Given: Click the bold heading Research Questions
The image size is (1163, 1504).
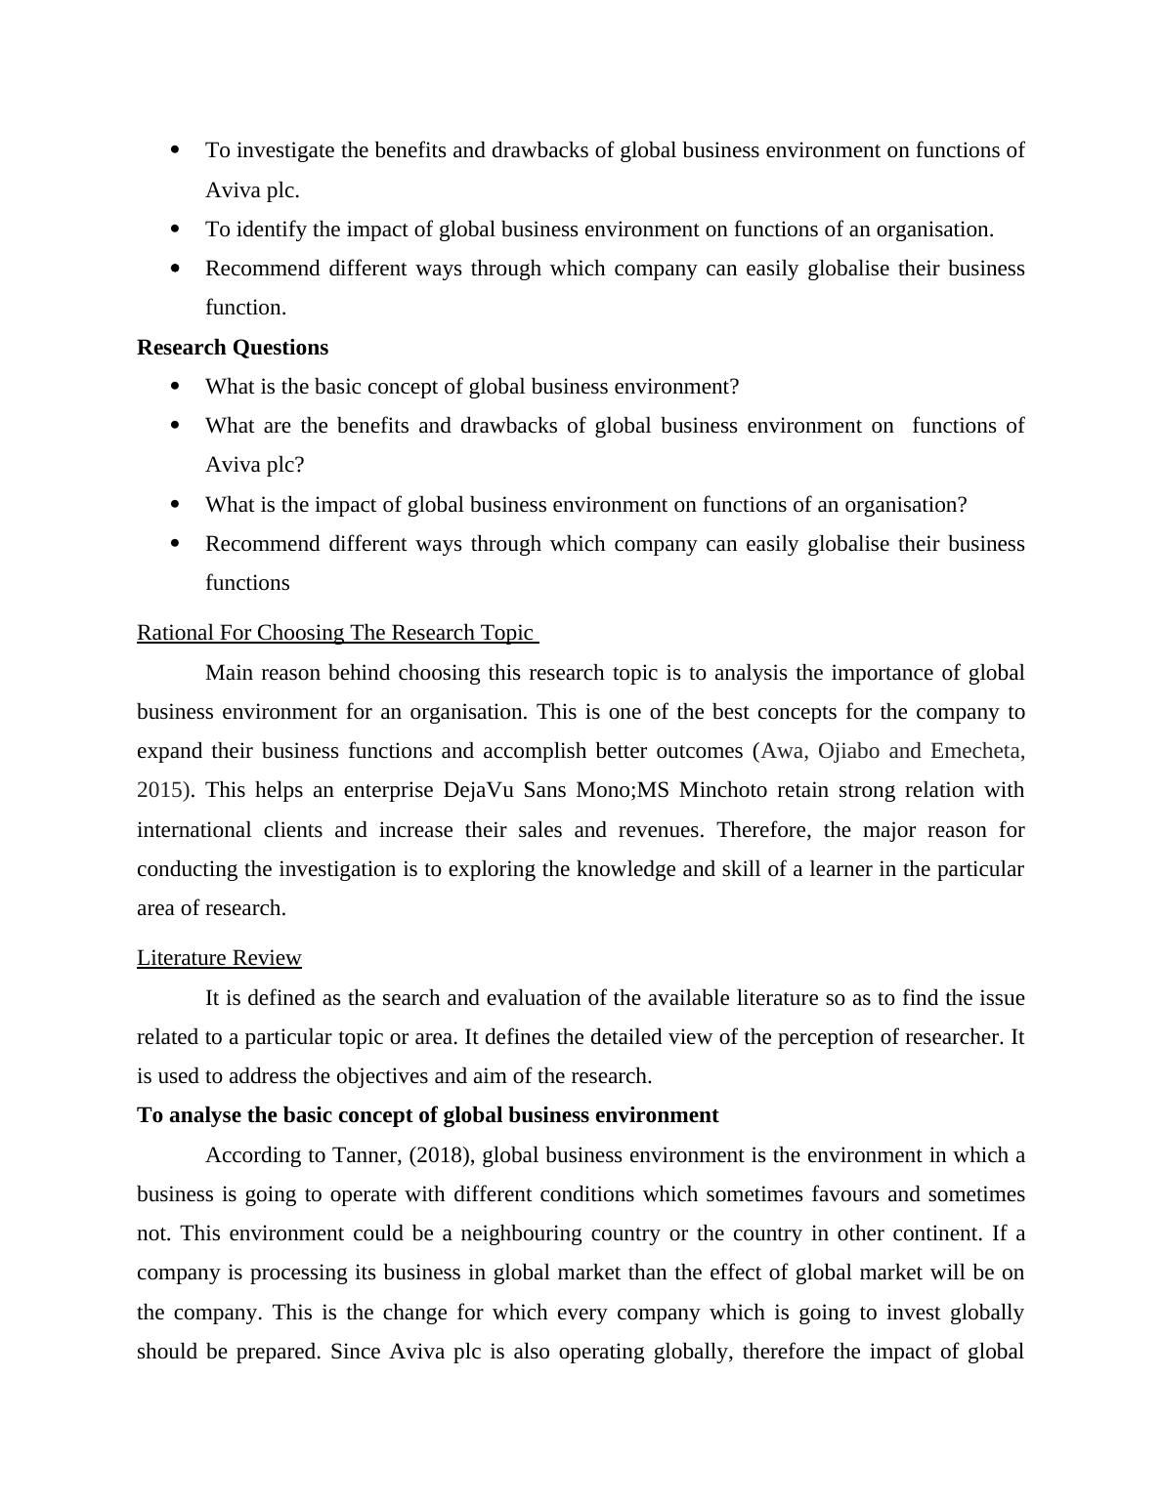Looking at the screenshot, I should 233,348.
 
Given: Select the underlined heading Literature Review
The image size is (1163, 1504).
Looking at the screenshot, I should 219,958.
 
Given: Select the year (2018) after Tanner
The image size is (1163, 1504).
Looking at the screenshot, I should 442,1155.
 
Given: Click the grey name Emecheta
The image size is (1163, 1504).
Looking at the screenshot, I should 977,751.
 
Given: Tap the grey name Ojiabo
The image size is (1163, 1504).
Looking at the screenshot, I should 848,751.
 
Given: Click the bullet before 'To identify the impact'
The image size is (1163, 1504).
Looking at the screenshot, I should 176,230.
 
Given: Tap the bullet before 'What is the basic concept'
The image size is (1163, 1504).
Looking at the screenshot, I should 176,387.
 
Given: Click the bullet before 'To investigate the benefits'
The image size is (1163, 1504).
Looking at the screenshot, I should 176,150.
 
